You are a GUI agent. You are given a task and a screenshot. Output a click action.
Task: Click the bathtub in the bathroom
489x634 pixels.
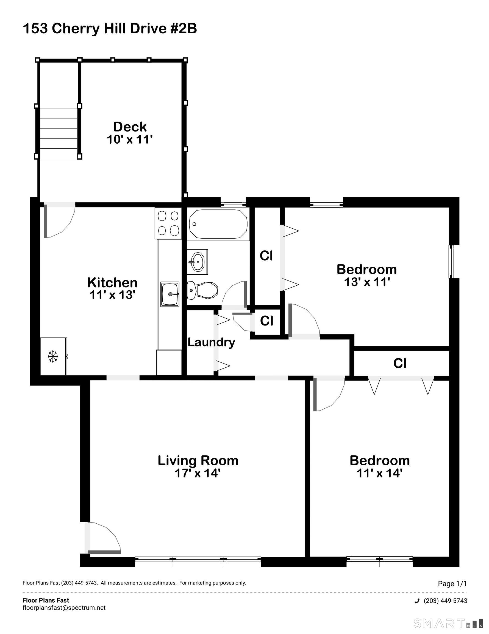pos(218,224)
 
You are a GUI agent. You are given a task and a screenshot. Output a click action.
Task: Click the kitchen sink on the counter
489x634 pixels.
pos(170,294)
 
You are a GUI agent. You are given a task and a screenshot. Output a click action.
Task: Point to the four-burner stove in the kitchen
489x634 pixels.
pos(168,223)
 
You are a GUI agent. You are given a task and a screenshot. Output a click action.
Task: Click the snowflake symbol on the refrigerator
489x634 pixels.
pos(52,356)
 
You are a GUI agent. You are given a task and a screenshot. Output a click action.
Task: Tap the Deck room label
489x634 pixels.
pos(130,127)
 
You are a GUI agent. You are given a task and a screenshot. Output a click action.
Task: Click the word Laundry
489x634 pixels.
pos(211,342)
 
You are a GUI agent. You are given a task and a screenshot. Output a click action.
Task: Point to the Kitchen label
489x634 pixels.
pos(112,282)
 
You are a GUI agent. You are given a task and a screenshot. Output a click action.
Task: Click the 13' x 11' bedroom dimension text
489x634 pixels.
pos(367,282)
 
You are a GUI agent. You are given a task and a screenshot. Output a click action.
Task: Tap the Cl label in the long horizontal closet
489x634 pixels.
pos(400,363)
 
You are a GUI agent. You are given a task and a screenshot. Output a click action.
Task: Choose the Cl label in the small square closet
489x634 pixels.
pos(266,321)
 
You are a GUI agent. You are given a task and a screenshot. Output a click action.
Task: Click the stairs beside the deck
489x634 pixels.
pos(58,133)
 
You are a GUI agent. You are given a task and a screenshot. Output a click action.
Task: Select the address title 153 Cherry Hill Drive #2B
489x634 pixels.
pos(110,29)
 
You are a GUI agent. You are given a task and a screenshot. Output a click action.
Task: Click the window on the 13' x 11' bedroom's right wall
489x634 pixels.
pos(452,262)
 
